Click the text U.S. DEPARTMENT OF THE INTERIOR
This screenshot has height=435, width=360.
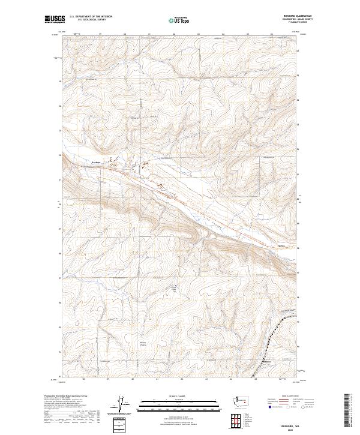click(91, 16)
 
